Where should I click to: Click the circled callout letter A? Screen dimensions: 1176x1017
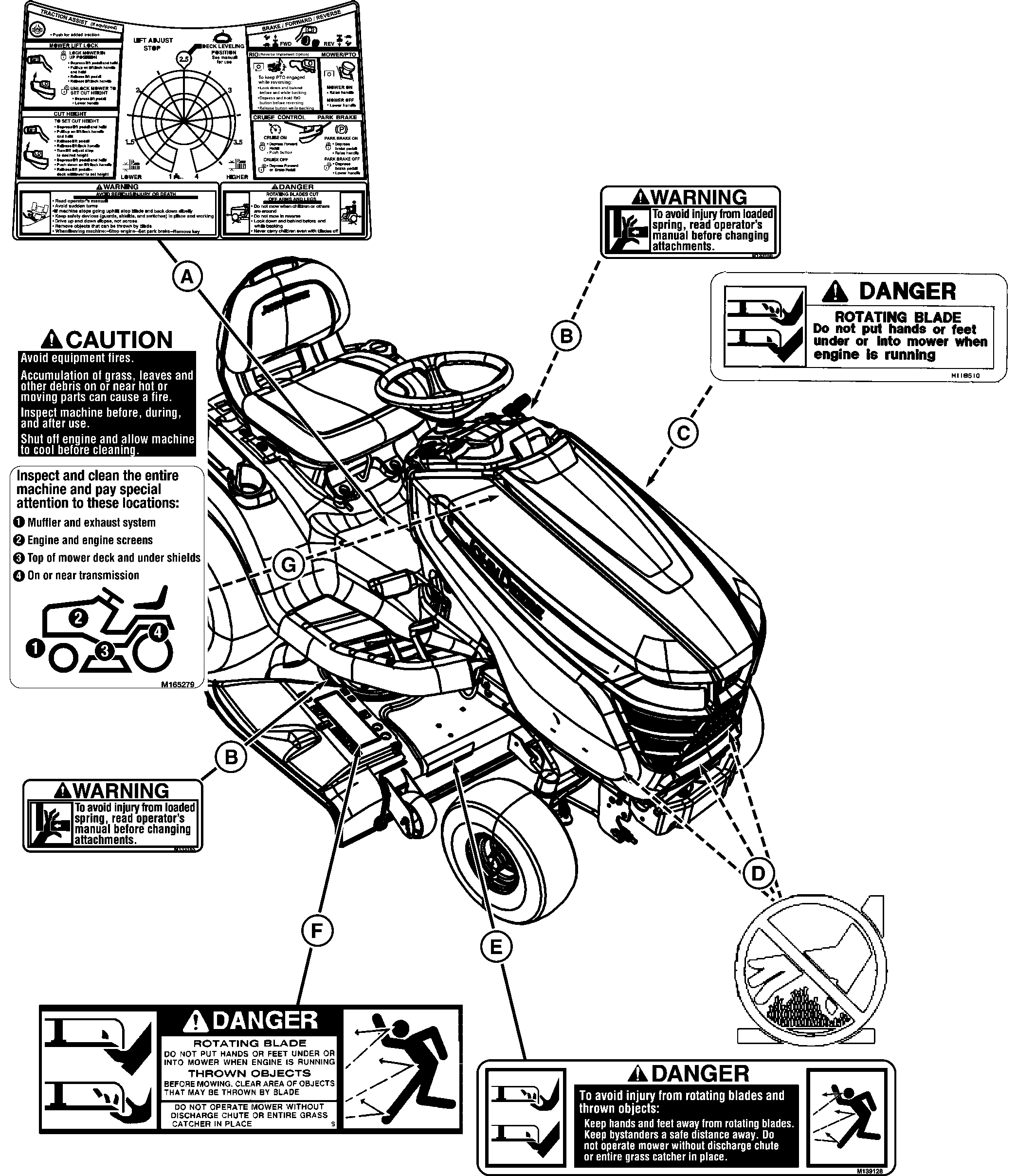(x=187, y=277)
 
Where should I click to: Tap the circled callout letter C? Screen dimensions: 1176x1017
(x=683, y=433)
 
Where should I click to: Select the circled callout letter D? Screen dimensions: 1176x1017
(x=758, y=874)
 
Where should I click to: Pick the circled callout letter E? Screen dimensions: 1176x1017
(x=495, y=946)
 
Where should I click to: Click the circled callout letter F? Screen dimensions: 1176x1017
(x=317, y=930)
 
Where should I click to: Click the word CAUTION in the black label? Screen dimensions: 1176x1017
(x=119, y=339)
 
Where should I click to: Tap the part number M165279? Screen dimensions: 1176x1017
(x=178, y=684)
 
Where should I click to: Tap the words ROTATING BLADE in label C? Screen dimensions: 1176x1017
(x=897, y=317)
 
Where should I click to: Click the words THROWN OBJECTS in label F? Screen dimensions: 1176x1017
(x=249, y=1073)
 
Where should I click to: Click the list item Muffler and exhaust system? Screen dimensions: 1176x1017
(x=91, y=523)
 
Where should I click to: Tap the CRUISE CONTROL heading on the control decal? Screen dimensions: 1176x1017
(x=279, y=117)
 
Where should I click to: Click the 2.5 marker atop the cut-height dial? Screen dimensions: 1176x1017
(x=183, y=59)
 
